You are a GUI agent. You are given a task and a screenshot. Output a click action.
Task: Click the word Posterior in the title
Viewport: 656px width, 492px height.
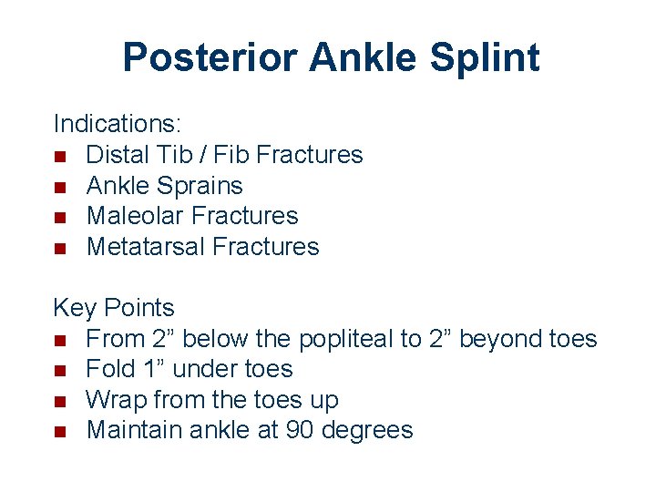(x=210, y=57)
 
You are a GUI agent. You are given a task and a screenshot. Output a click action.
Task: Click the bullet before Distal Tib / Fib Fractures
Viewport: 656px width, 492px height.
(x=60, y=156)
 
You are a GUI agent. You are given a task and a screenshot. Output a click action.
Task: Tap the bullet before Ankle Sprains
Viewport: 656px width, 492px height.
(x=60, y=187)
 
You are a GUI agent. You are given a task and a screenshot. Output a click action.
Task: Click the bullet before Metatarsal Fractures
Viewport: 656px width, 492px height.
(x=60, y=248)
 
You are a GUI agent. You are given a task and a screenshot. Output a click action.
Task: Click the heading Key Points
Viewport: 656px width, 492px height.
(x=114, y=308)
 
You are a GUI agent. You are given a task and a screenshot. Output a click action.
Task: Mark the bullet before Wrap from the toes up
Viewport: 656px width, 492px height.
(x=60, y=401)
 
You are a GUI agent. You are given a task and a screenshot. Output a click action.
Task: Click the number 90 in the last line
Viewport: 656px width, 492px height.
(x=297, y=430)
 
